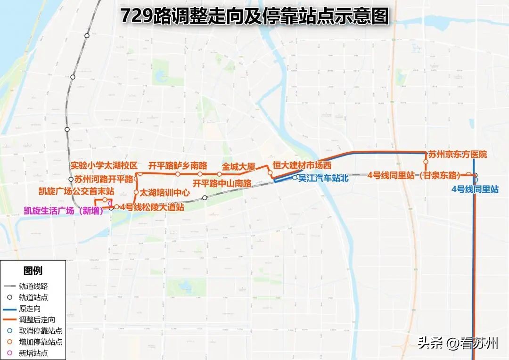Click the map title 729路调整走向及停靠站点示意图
254,16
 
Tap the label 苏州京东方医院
457,155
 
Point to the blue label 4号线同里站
475,189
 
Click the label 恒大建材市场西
302,165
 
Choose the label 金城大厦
238,167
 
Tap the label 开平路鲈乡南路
178,165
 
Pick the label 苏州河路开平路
104,179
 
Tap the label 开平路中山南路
222,183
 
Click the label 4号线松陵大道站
152,207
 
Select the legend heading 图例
33,271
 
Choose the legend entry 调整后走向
37,320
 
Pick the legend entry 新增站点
33,353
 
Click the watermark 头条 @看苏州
458,343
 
